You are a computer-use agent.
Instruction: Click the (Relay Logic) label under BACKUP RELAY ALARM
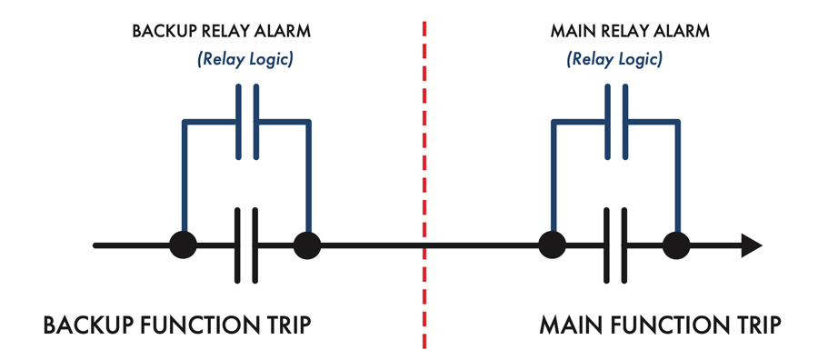click(x=245, y=59)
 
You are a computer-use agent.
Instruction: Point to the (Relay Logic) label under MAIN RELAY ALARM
click(x=614, y=59)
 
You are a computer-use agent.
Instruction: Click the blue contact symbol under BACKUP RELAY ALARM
click(x=247, y=121)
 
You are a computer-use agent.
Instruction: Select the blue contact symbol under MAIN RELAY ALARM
click(x=616, y=121)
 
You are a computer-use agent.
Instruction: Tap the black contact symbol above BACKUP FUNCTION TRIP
click(x=246, y=245)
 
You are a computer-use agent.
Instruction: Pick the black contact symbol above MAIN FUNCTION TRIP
click(x=615, y=245)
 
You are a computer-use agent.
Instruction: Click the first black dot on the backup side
click(x=184, y=245)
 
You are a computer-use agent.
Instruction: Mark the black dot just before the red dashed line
click(x=307, y=245)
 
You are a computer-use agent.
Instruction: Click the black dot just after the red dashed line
click(x=552, y=245)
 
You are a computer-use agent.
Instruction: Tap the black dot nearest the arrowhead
click(x=676, y=245)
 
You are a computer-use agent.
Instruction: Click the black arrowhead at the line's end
click(x=752, y=245)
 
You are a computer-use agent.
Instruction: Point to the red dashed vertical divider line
click(x=424, y=185)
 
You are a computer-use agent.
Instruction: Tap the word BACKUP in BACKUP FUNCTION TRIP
click(x=89, y=326)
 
